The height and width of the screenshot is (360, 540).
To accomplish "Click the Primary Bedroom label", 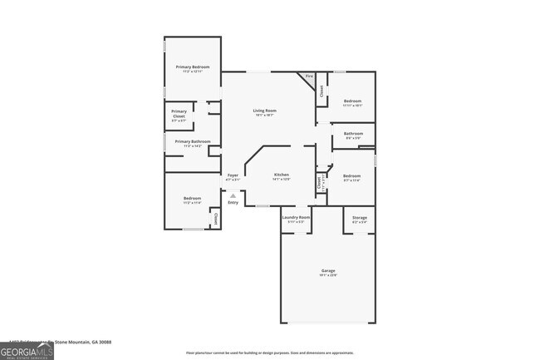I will pos(192,67).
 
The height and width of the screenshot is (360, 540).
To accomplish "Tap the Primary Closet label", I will pos(179,113).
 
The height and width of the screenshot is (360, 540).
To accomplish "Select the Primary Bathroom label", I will pos(192,141).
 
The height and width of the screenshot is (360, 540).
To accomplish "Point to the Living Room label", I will pos(265,111).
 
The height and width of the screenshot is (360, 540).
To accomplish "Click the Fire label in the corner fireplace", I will pos(309,76).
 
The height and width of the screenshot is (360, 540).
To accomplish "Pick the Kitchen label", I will pos(282,175).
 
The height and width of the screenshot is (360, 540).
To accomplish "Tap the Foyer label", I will pos(233,175).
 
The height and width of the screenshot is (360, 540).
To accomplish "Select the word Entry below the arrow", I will pos(233,203).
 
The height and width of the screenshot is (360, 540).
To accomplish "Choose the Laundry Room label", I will pos(297,218).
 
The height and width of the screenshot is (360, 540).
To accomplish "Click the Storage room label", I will pos(360,218).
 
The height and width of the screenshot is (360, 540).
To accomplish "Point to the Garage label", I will pos(328,271).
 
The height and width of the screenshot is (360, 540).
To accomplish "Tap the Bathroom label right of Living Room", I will pos(353,133).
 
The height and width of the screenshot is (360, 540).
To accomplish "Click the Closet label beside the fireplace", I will pos(322,91).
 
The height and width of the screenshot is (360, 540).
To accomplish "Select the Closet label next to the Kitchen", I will pos(319,181).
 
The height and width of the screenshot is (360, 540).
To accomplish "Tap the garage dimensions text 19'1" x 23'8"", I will pos(328,277).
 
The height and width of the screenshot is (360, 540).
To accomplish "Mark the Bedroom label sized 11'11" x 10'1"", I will pos(353,101).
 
